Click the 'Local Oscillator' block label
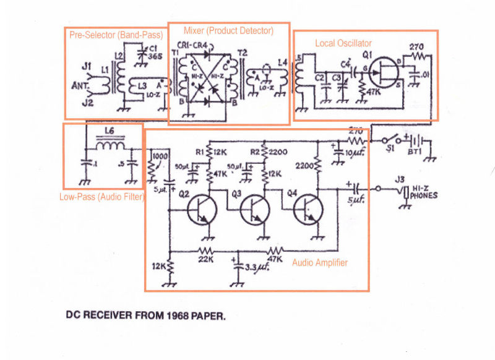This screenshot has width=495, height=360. (x=343, y=43)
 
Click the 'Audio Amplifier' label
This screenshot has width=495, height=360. (x=319, y=263)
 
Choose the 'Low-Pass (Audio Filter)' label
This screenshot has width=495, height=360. (x=101, y=197)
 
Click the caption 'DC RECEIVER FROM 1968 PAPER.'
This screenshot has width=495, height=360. (x=146, y=315)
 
